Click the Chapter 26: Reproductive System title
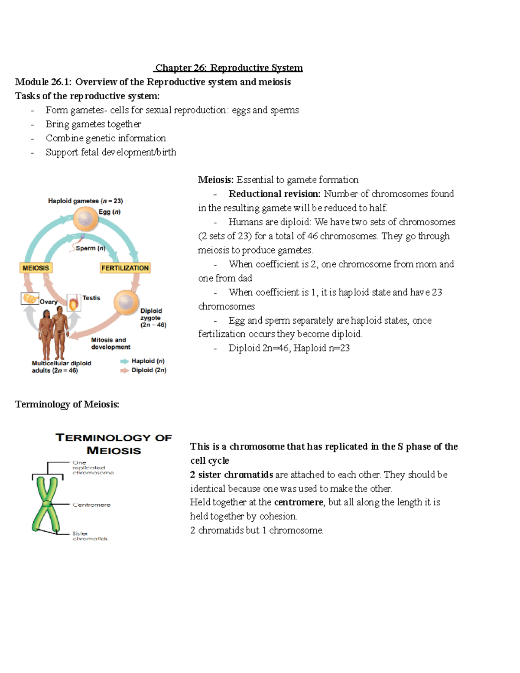pos(229,68)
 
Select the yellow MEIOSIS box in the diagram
pos(36,268)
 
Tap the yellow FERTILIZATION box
pos(125,268)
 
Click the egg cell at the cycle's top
pos(85,219)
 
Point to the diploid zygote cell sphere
pos(126,302)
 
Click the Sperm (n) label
pos(90,248)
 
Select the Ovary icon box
pos(30,299)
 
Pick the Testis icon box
pos(74,302)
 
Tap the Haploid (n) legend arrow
pos(125,361)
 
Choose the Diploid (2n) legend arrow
pos(125,370)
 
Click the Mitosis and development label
pos(110,343)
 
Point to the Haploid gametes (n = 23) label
pos(85,201)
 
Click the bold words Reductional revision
pos(274,194)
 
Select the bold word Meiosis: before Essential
pos(216,180)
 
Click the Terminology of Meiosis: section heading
pos(67,404)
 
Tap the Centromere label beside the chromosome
pos(91,505)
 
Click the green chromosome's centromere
pos(46,504)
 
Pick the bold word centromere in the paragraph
pos(299,502)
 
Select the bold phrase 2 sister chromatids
pos(231,475)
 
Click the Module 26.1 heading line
pos(153,82)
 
